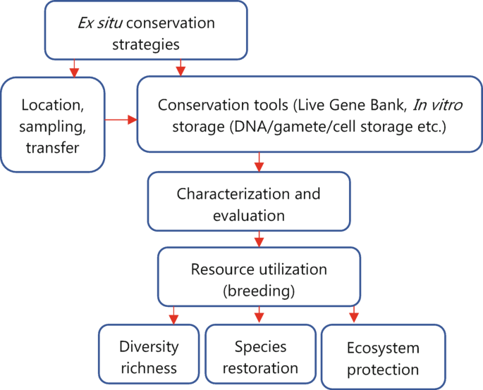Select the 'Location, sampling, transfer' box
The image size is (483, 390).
(x=53, y=124)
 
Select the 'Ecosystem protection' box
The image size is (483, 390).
(x=383, y=359)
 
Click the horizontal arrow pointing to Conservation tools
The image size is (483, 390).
(x=121, y=120)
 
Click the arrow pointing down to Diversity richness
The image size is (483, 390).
(x=174, y=315)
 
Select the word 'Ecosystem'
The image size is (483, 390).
(x=383, y=348)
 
